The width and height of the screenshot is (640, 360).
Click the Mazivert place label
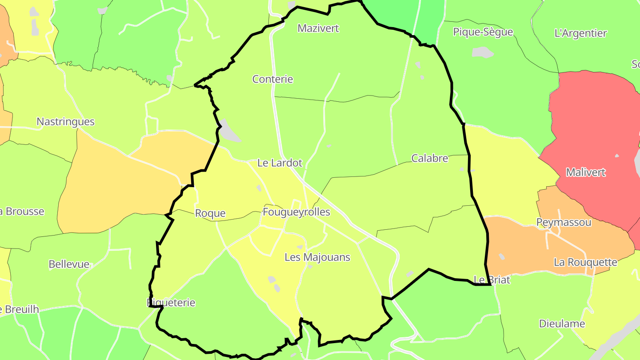click(318, 28)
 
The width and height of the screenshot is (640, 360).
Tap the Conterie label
click(272, 80)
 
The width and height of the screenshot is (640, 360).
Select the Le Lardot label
click(280, 163)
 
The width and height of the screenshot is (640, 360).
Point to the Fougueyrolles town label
click(296, 212)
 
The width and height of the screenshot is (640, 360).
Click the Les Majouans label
click(317, 257)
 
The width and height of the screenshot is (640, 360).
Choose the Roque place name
click(210, 213)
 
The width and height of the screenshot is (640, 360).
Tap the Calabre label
click(430, 158)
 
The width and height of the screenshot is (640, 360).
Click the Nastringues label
click(65, 122)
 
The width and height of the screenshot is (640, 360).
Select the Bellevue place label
click(69, 264)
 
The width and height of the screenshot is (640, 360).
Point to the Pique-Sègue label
click(483, 32)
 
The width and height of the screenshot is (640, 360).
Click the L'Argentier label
click(580, 33)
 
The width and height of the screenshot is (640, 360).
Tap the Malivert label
click(586, 172)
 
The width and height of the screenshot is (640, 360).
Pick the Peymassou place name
click(564, 222)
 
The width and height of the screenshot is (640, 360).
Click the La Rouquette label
click(585, 262)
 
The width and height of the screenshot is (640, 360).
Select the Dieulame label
click(562, 324)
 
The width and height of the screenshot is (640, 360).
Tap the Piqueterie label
click(171, 303)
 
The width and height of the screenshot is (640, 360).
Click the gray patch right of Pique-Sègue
click(482, 52)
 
